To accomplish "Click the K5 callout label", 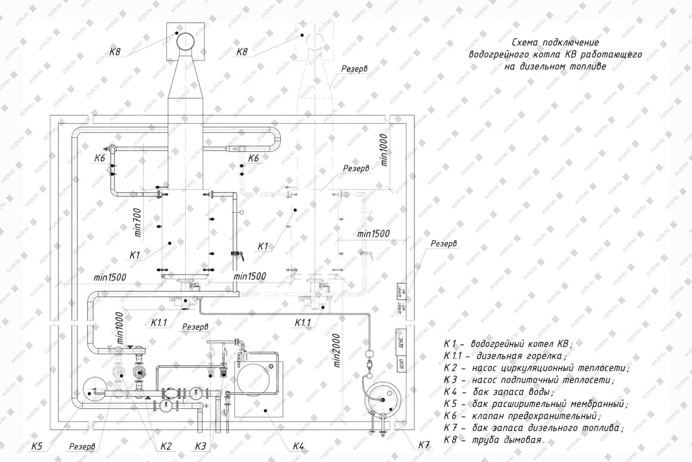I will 37,446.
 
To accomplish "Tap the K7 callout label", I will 424,445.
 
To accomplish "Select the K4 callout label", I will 298,446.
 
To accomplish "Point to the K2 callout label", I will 165,446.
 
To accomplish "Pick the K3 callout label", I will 200,446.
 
